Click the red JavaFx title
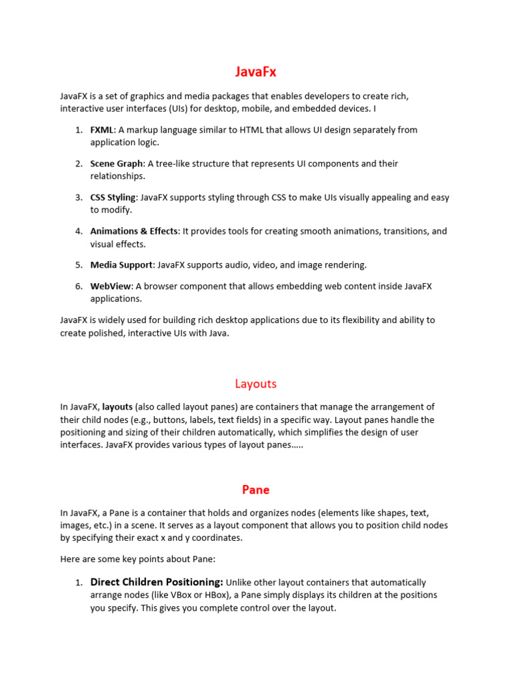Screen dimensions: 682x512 pyautogui.click(x=255, y=73)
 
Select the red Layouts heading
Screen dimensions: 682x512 pyautogui.click(x=255, y=384)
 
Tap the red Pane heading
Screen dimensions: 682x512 pyautogui.click(x=255, y=490)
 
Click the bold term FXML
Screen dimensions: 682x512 pyautogui.click(x=102, y=130)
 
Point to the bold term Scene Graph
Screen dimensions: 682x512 pyautogui.click(x=117, y=163)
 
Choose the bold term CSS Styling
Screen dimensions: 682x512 pyautogui.click(x=113, y=197)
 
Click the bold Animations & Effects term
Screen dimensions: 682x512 pyautogui.click(x=134, y=231)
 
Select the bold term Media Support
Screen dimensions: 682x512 pyautogui.click(x=121, y=264)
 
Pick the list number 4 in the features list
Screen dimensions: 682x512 pyautogui.click(x=79, y=231)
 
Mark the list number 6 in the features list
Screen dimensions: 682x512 pyautogui.click(x=79, y=286)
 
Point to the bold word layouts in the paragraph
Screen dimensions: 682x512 pyautogui.click(x=117, y=407)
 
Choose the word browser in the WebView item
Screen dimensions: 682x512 pyautogui.click(x=160, y=286)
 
